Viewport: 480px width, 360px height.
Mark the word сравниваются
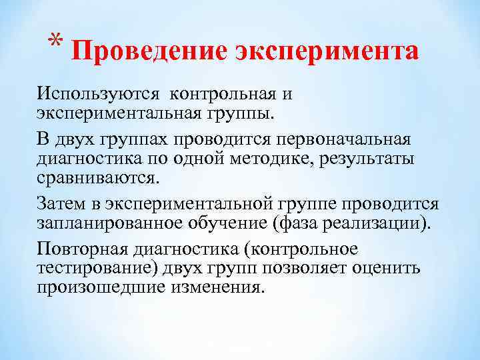pos(98,179)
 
